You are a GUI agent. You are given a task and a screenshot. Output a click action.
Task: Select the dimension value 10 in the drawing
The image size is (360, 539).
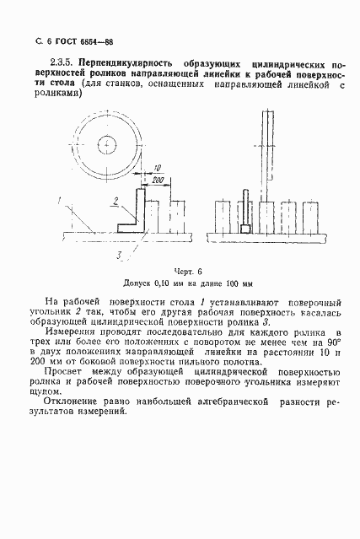[x=158, y=168]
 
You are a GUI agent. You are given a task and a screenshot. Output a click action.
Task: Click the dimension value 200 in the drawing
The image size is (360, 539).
[x=158, y=180]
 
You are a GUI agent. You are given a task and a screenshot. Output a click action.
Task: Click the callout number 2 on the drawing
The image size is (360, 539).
[x=112, y=201]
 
